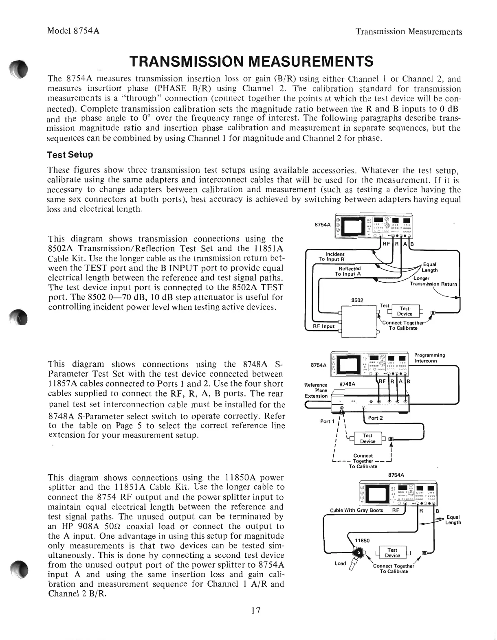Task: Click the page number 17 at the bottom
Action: (255, 610)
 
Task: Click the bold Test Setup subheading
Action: (70, 155)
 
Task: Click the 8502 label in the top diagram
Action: (357, 300)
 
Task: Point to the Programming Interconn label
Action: (429, 358)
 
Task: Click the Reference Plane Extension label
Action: (316, 390)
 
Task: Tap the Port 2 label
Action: (375, 418)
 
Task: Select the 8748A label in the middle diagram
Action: (348, 384)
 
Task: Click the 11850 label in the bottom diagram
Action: (362, 540)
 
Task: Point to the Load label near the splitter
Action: (340, 563)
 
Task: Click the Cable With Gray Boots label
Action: (356, 510)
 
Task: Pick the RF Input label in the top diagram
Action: (323, 326)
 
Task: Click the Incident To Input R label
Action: (332, 256)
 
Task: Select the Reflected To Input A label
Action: (347, 271)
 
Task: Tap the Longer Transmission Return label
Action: (433, 281)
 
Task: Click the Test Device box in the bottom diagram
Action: (392, 552)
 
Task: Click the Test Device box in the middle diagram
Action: (367, 438)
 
